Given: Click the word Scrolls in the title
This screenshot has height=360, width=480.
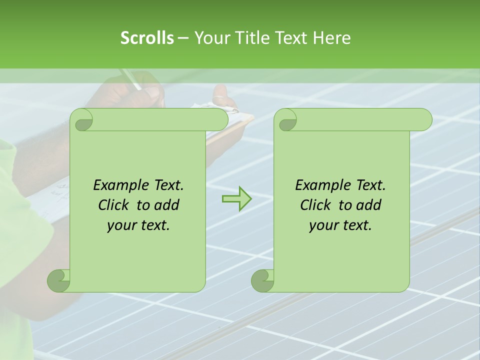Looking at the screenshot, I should point(147,38).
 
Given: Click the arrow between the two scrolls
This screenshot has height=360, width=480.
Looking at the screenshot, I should point(237,199).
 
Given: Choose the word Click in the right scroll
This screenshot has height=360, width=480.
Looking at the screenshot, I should point(316,205).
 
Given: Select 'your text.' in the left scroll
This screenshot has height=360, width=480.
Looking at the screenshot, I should point(138,225).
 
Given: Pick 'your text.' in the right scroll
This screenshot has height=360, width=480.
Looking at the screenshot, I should point(340,225).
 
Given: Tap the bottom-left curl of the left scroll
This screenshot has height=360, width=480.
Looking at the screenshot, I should point(59,280).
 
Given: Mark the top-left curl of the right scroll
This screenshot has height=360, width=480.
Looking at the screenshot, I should point(286,120).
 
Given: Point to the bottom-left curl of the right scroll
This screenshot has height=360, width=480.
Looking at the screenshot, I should point(263,280).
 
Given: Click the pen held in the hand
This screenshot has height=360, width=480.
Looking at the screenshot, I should point(131,79).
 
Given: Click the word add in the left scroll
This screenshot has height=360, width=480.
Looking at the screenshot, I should point(167,205).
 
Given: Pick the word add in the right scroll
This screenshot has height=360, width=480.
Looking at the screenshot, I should point(369,205).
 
